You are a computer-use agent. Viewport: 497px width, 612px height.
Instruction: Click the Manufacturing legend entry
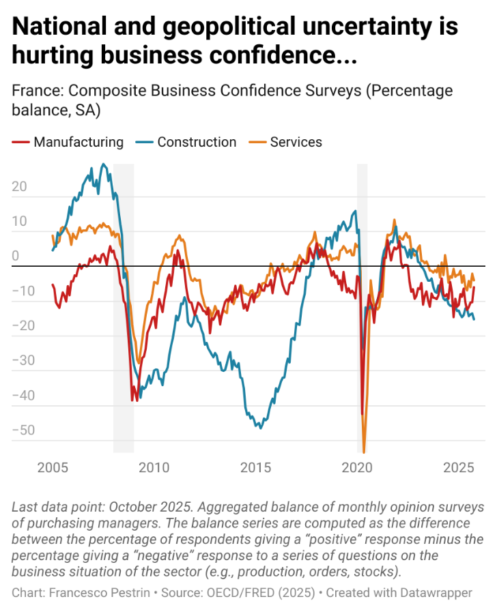[x=78, y=142]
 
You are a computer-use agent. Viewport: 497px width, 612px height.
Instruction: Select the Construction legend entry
[x=196, y=142]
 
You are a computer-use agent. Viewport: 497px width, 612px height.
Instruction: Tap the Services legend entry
[x=296, y=142]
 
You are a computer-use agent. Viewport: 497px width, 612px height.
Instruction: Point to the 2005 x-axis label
[x=52, y=468]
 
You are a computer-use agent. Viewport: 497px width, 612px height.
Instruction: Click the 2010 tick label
[x=154, y=468]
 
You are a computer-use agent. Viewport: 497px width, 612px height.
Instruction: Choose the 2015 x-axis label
[x=256, y=468]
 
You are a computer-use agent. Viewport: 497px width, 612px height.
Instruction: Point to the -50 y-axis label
[x=23, y=430]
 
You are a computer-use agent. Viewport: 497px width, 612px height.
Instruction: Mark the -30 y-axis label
[x=23, y=360]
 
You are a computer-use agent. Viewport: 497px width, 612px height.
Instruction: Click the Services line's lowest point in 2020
[x=364, y=452]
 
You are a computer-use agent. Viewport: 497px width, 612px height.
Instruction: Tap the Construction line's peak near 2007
[x=103, y=164]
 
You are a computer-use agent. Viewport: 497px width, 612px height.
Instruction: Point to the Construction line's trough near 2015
[x=259, y=428]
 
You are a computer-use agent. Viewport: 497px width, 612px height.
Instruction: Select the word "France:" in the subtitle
[x=38, y=91]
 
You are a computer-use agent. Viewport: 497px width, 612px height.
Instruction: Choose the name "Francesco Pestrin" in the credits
[x=100, y=592]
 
